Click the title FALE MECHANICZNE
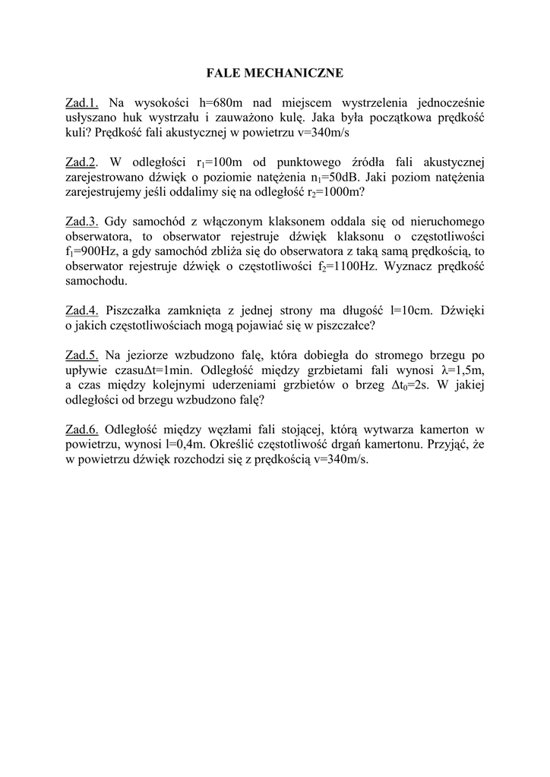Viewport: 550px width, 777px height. point(275,73)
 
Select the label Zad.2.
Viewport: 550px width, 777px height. point(83,162)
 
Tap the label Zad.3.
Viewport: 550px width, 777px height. point(83,222)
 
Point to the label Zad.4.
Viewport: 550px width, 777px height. point(83,310)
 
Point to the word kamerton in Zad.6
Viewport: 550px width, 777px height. point(439,429)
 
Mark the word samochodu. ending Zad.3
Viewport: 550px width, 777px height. point(97,281)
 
